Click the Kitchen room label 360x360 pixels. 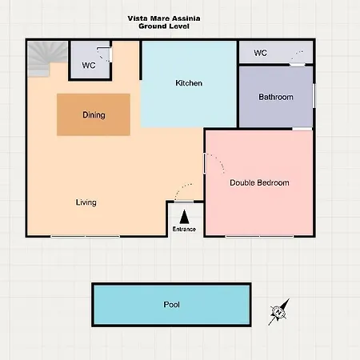(189, 83)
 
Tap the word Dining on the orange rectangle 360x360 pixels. (94, 115)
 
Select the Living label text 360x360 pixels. (86, 202)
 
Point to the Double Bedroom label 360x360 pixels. (259, 182)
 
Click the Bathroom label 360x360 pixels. (276, 97)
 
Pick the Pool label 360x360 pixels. (171, 305)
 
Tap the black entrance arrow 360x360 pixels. (184, 217)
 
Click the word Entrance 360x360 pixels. (184, 229)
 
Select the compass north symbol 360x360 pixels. (278, 312)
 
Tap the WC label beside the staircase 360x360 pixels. (89, 66)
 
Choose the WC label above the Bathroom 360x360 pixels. (261, 53)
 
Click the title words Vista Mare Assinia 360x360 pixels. (164, 18)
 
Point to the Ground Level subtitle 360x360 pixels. (164, 26)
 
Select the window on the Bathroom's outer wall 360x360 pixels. (314, 96)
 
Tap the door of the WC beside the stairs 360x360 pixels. (110, 54)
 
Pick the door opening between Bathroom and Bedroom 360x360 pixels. (302, 129)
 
